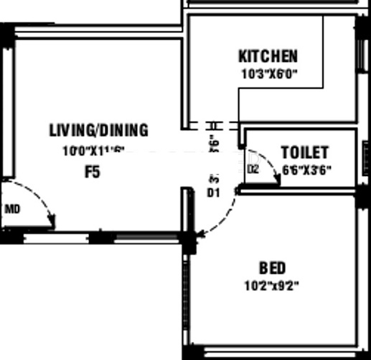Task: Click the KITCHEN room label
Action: (268, 56)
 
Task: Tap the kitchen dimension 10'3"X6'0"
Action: (268, 73)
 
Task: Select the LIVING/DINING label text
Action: (98, 130)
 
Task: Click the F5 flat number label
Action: (93, 172)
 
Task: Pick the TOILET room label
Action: (304, 152)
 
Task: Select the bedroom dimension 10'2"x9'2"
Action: (271, 285)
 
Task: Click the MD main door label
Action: (11, 210)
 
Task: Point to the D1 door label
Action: (212, 193)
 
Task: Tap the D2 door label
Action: (253, 170)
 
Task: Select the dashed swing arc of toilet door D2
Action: (271, 164)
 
